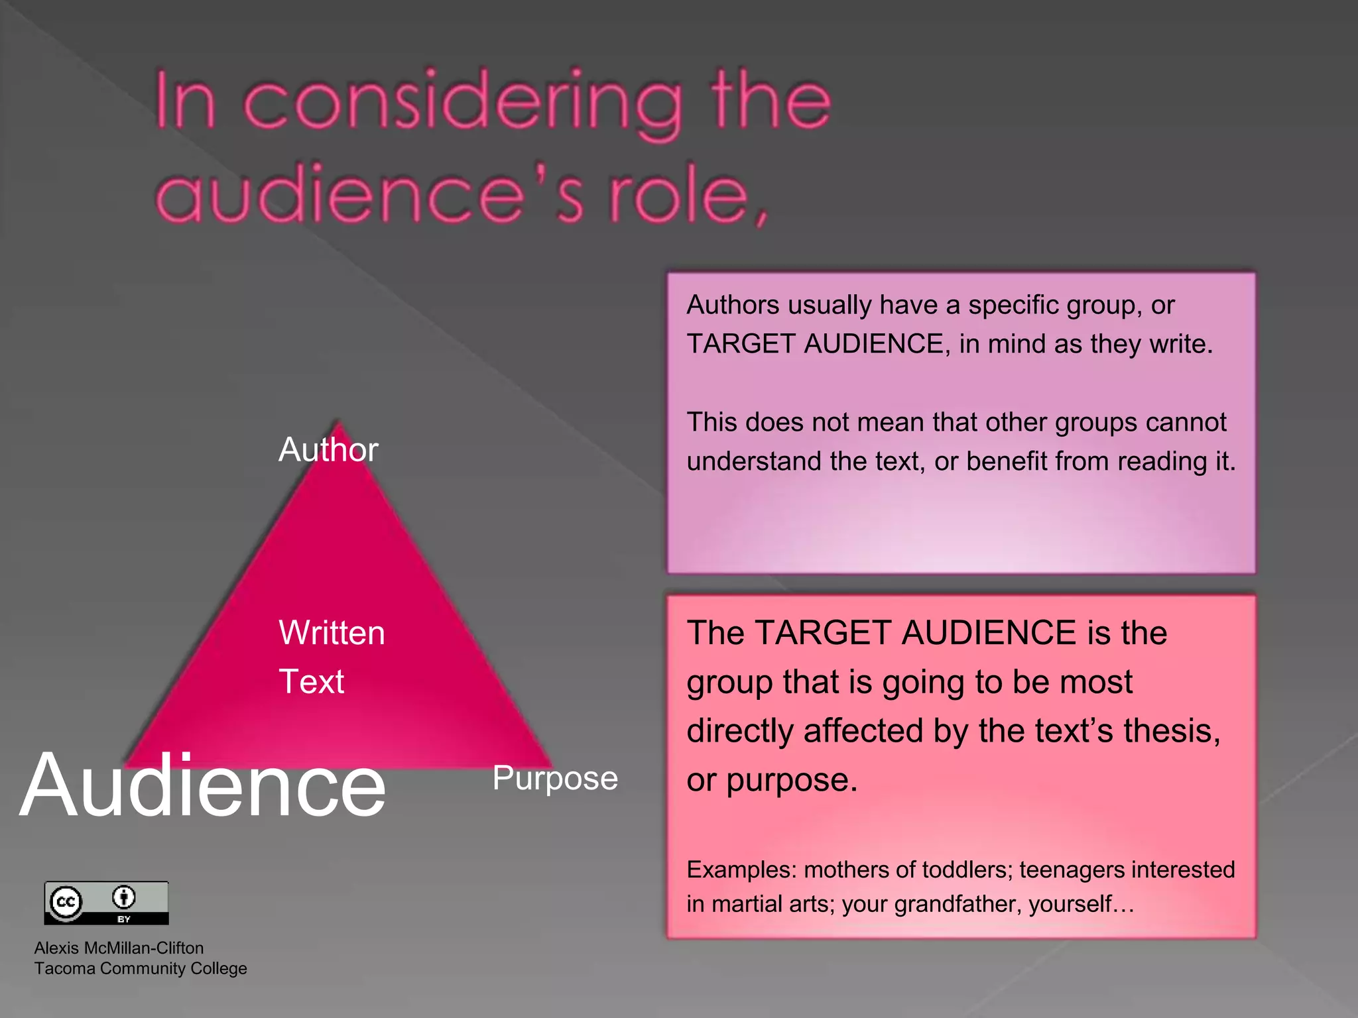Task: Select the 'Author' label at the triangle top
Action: tap(328, 450)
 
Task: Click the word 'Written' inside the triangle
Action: tap(332, 633)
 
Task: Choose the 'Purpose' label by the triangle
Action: tap(555, 779)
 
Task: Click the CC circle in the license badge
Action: tap(66, 901)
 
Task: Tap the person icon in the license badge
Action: tap(124, 897)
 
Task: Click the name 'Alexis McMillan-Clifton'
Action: tap(119, 948)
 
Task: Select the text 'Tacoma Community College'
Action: tap(141, 968)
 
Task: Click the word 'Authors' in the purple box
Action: tap(733, 306)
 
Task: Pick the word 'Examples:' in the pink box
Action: tap(741, 870)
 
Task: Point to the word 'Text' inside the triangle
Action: tap(311, 682)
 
